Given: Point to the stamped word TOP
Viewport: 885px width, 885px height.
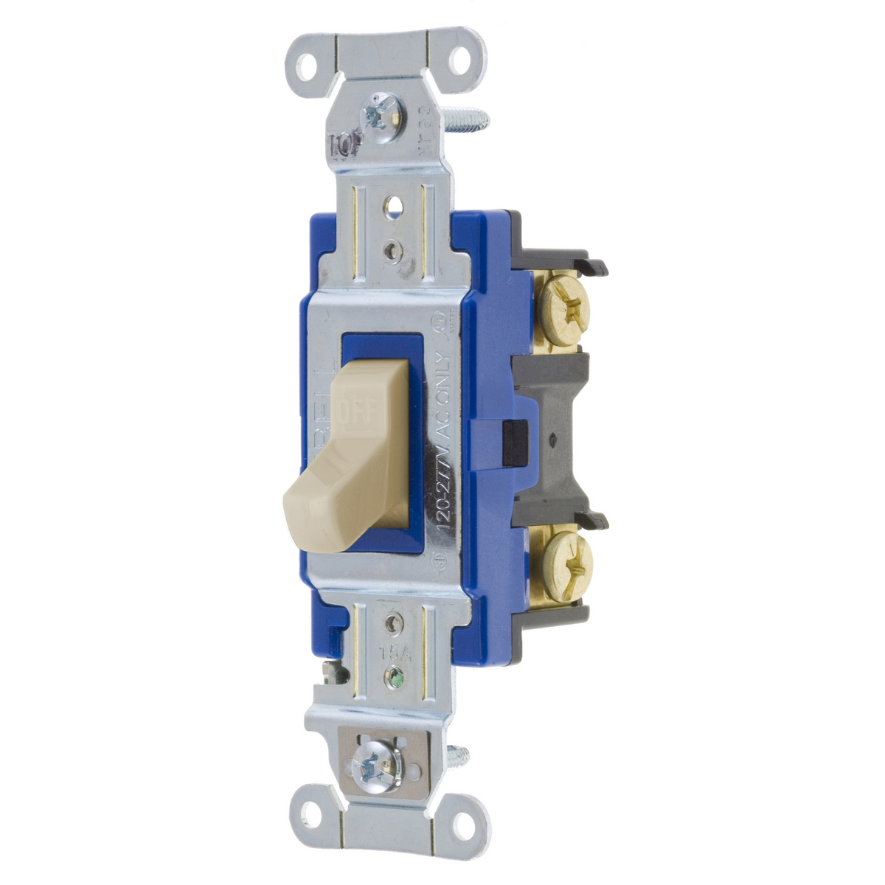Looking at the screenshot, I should pyautogui.click(x=343, y=145).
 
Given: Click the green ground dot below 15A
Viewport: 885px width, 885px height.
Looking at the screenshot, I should pyautogui.click(x=397, y=673).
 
